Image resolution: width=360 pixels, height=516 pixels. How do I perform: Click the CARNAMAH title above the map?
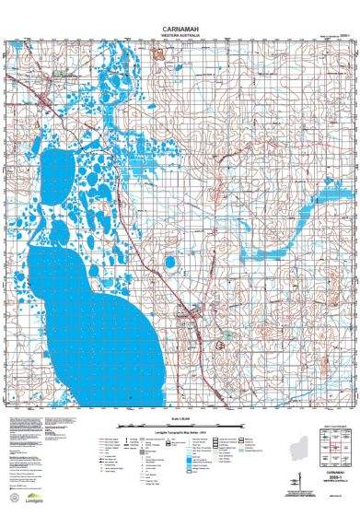180,28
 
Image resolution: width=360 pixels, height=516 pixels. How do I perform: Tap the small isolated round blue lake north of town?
168,264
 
